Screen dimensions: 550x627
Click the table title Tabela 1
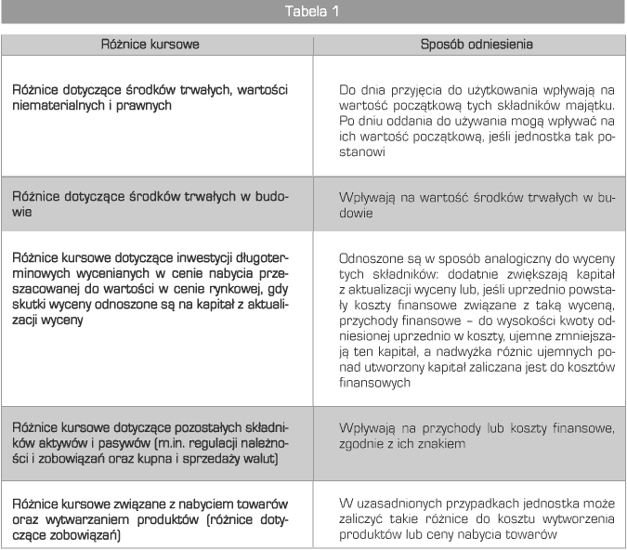[314, 12]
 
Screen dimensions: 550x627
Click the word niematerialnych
[59, 106]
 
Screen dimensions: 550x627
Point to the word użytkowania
[489, 89]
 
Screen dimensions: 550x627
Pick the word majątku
[577, 106]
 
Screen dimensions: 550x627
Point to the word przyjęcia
[424, 89]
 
